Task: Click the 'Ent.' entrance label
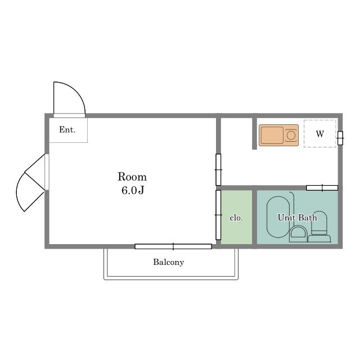click(67, 130)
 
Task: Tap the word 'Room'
click(132, 177)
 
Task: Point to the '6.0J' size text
click(133, 190)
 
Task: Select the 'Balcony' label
click(169, 262)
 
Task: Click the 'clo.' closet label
click(236, 218)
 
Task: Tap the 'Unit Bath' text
click(298, 218)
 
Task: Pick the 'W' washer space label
click(320, 134)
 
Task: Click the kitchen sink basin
click(272, 135)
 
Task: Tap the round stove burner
click(291, 135)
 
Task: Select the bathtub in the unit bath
click(278, 217)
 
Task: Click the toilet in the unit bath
click(319, 227)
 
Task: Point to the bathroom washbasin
click(298, 233)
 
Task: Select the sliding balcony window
click(173, 246)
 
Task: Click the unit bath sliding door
click(322, 188)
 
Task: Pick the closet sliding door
click(218, 215)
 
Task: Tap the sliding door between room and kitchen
click(218, 170)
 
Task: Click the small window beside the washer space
click(340, 138)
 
